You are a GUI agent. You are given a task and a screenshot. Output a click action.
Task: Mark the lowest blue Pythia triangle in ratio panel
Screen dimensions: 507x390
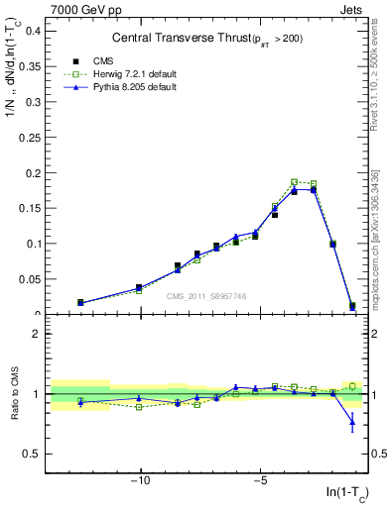[352, 423]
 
